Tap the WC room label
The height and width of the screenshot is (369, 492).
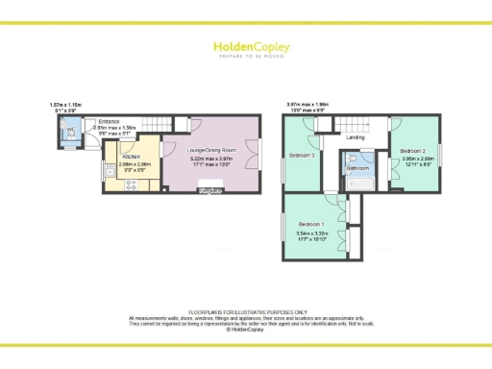click(x=70, y=130)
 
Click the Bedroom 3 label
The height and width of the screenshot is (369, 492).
click(x=302, y=156)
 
